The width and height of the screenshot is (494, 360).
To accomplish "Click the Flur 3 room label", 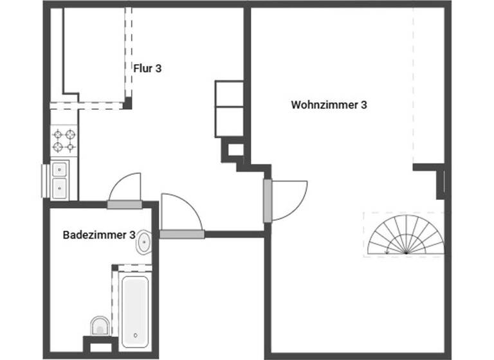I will point(147,68).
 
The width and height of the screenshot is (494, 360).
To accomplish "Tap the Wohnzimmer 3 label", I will point(329,104).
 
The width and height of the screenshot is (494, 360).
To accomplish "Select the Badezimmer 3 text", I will point(98,235).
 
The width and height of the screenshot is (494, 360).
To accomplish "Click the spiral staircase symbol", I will point(404,235).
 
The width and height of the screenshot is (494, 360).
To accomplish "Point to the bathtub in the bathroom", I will point(135,307).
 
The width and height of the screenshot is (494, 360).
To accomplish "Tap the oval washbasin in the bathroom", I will point(145,243).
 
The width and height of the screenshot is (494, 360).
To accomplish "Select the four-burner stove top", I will point(64,140).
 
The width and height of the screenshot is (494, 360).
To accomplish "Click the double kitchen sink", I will point(60,179).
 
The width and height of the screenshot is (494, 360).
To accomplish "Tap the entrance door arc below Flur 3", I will point(180,212).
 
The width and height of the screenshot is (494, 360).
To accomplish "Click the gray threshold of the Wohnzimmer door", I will point(268,201).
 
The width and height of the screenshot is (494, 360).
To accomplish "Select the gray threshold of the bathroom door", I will point(124,205).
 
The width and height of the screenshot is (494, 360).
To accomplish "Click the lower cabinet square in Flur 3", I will point(229,120).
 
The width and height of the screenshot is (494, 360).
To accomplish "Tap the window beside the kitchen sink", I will point(46,181).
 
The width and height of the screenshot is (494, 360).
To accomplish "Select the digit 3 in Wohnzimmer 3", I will point(364,104).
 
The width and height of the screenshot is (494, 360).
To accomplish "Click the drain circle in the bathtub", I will point(136,335).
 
